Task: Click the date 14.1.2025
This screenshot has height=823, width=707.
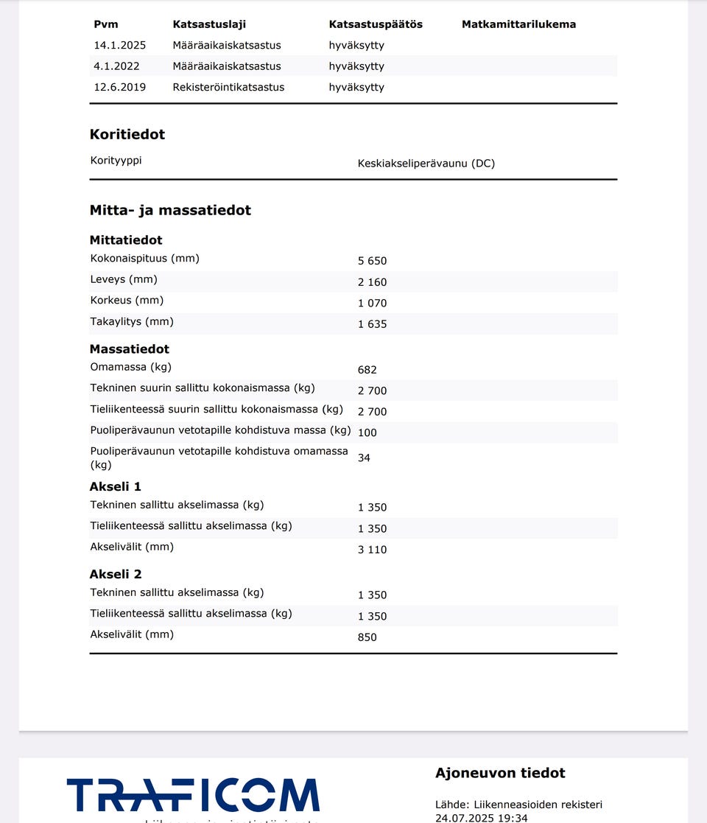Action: coord(120,46)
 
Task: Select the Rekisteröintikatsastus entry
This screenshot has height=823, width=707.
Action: coord(228,87)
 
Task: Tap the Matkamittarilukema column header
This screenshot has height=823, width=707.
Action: coord(518,24)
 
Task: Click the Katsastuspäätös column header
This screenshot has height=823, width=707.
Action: coord(376,24)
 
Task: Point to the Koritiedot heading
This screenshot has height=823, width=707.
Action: coord(127,134)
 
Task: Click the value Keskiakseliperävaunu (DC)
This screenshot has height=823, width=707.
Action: coord(426,164)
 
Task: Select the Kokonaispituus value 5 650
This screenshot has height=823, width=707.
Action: coord(372,261)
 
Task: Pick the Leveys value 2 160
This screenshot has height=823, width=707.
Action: coord(372,282)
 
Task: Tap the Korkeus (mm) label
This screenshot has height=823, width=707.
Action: coord(127,301)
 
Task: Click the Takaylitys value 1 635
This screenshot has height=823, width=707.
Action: coord(372,324)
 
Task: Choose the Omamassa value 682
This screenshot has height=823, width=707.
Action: coord(367,370)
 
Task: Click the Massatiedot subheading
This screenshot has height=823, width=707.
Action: coord(130,349)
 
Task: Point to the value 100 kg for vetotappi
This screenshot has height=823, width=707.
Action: coord(367,432)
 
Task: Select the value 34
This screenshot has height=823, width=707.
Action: coord(364,458)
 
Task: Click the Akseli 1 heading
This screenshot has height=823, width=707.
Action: coord(116,487)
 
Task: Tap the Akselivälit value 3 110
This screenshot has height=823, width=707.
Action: coord(372,550)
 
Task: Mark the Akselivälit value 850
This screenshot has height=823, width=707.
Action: coord(367,637)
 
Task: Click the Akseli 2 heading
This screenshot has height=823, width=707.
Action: coord(116,575)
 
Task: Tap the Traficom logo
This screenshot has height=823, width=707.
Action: coord(193,796)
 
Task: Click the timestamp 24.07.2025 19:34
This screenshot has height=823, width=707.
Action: coord(482,817)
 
